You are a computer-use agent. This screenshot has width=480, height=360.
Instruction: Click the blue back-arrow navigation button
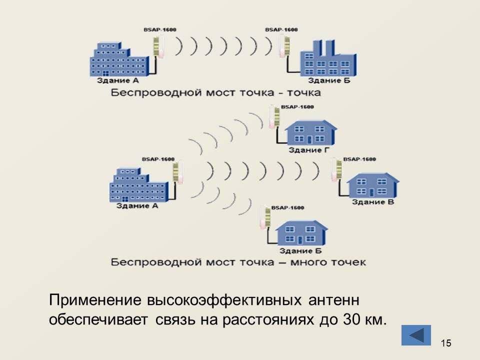tap(416, 334)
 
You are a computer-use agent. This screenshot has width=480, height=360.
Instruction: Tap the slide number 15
tap(446, 342)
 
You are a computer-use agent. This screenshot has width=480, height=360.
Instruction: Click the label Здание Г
tap(305, 149)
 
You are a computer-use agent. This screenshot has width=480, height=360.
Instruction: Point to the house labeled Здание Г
tap(310, 132)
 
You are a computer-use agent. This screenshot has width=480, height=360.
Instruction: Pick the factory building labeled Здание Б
tap(327, 62)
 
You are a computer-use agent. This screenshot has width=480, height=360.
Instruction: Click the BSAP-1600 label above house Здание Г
tap(297, 106)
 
